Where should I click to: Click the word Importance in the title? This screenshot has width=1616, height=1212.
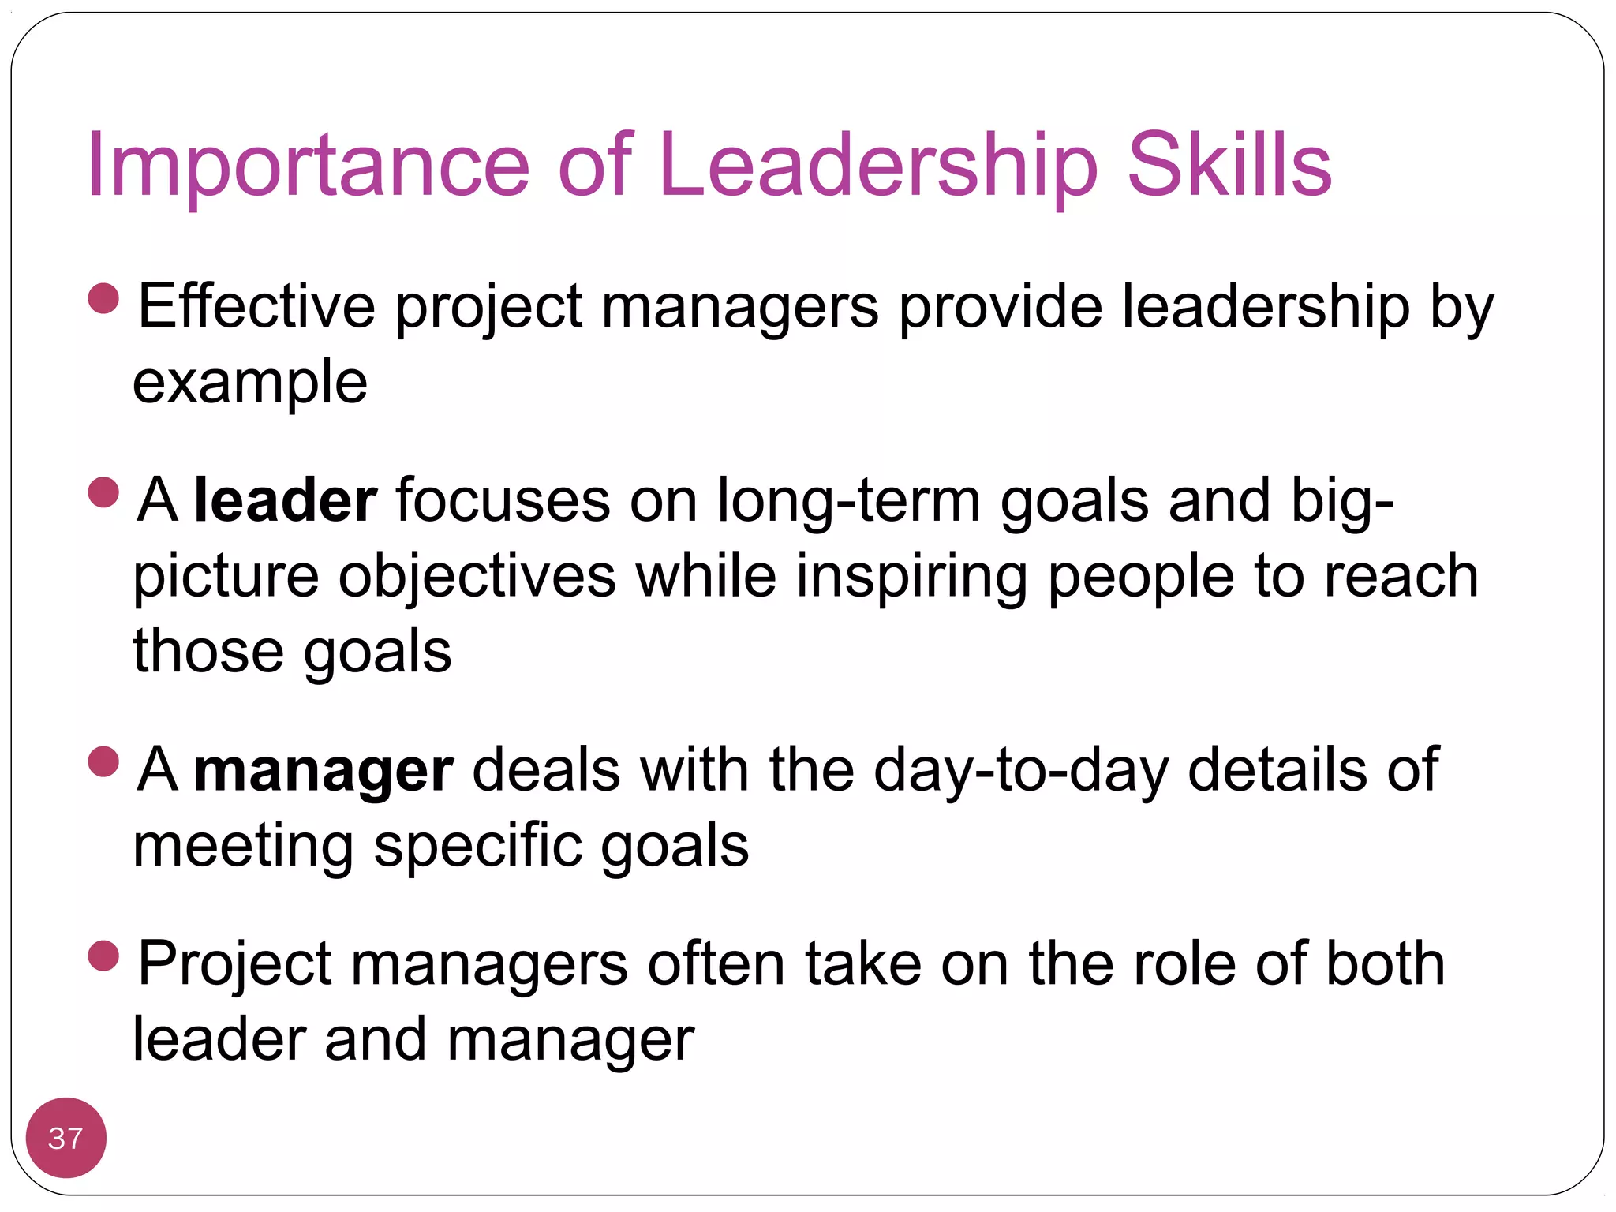pos(308,166)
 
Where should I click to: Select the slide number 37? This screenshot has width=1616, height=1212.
pos(65,1138)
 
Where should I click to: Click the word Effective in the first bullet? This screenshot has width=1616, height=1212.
pos(256,306)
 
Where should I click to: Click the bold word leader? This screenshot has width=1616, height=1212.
pos(286,500)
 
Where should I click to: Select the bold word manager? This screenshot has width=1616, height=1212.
pos(324,770)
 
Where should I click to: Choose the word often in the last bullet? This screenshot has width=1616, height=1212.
pos(716,964)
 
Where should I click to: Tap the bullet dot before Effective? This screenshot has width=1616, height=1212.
pos(103,299)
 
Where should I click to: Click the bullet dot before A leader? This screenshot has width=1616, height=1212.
pos(103,493)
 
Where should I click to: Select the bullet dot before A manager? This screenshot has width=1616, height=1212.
pos(103,763)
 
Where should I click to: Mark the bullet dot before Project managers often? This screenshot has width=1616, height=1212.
pos(103,956)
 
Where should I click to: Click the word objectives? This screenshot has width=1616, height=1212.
pos(477,576)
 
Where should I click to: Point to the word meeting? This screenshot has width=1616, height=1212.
pos(243,846)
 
